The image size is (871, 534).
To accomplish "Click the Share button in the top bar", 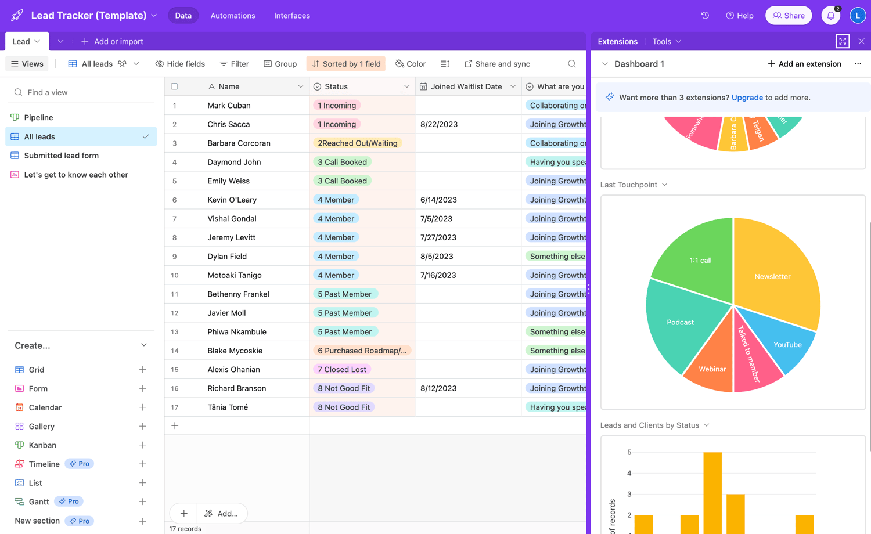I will coord(788,16).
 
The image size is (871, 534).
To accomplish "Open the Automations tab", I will coord(233,16).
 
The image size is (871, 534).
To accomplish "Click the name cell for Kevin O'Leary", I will coord(232,200).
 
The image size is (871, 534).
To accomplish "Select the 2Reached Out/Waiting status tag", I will coord(357,143).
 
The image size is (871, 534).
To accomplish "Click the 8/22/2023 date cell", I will coord(439,124).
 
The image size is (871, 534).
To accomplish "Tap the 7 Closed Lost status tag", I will coord(342,370).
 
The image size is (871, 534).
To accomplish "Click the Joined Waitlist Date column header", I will coord(466,86).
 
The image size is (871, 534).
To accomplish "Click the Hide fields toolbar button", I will coord(180,64).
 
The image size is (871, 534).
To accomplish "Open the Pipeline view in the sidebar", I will coord(38,117).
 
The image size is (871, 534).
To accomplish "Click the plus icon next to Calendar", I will coord(142,407).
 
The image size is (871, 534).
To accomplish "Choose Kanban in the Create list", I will coord(42,445).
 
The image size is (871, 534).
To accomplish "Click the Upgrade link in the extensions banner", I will coord(747,98).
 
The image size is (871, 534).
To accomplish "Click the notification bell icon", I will coord(830,16).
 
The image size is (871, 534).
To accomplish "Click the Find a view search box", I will coord(81,92).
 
